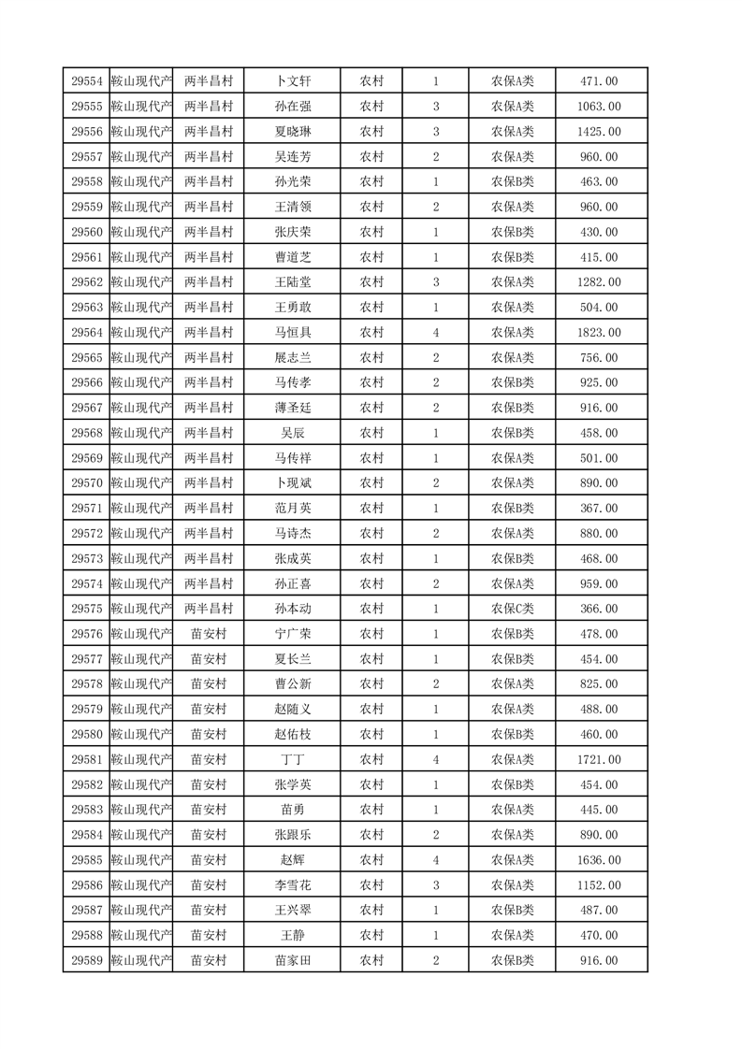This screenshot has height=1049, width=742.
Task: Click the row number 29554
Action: click(x=86, y=81)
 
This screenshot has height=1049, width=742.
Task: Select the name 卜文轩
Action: click(x=292, y=81)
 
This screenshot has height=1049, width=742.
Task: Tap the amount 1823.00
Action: click(x=599, y=333)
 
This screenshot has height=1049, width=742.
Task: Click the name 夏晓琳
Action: click(x=292, y=132)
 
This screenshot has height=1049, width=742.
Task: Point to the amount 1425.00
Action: click(x=599, y=132)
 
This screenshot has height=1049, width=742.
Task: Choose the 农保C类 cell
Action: click(x=512, y=609)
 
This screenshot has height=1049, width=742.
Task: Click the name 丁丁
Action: click(x=292, y=760)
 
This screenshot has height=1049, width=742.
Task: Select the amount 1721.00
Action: click(x=599, y=760)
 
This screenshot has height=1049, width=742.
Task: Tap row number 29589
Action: click(x=86, y=961)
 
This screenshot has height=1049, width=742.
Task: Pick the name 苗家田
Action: click(x=292, y=961)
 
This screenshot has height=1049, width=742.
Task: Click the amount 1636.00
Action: click(x=599, y=860)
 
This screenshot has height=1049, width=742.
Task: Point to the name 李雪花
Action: click(x=292, y=885)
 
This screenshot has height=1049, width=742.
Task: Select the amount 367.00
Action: click(x=599, y=509)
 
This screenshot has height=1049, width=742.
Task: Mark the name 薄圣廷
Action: click(x=292, y=408)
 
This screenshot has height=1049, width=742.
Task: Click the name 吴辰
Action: click(x=292, y=433)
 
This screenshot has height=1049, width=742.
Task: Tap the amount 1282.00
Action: click(x=599, y=282)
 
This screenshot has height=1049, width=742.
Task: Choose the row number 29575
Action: click(x=86, y=609)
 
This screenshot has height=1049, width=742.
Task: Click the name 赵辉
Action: click(x=292, y=860)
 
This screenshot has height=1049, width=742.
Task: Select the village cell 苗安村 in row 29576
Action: click(x=209, y=634)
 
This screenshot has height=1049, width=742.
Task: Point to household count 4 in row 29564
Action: click(x=436, y=333)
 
